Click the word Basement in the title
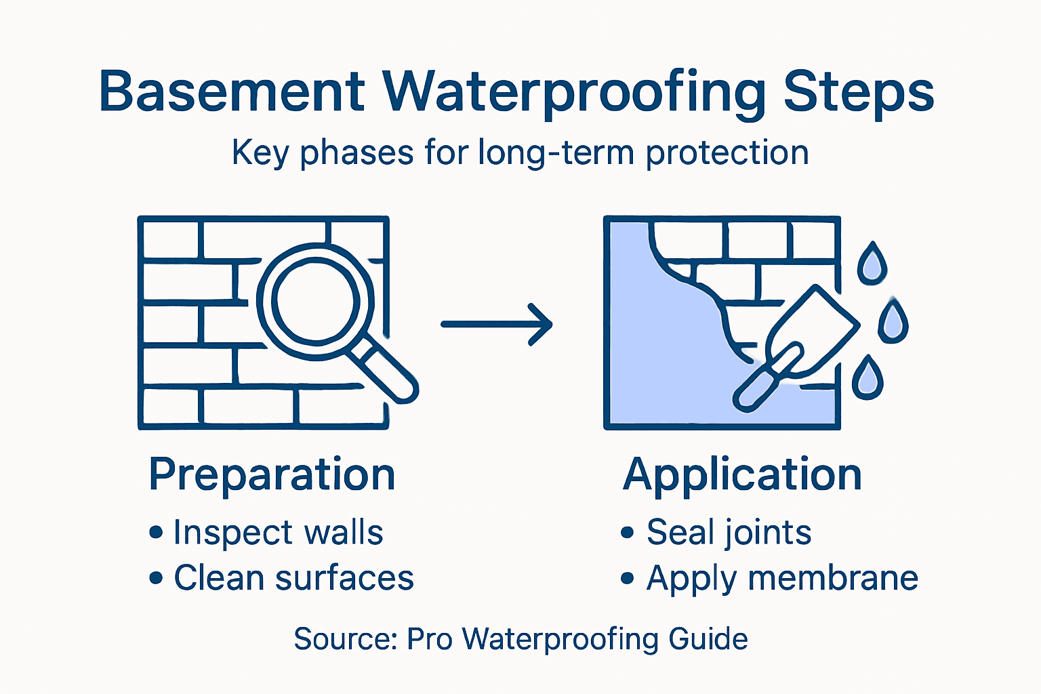232,91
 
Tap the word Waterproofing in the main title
575,92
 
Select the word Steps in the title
859,92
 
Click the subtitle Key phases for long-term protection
520,153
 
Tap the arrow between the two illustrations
497,324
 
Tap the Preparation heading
272,474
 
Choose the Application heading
742,474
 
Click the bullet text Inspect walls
278,533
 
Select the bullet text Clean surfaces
293,578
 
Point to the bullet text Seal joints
729,533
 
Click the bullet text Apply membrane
782,579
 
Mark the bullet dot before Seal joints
627,533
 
